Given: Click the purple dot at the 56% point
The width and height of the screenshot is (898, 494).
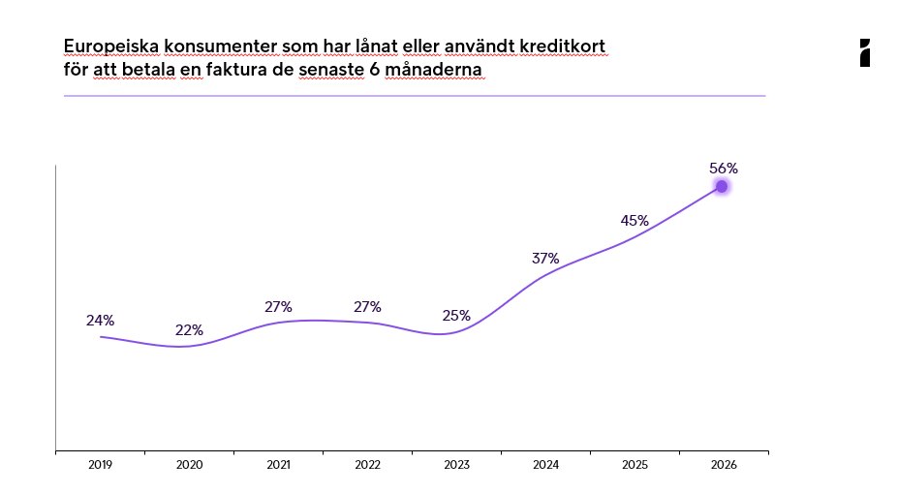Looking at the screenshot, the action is tap(722, 187).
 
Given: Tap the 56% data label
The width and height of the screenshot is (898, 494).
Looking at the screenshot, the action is tap(724, 169).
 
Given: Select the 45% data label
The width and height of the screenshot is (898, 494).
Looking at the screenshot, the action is tap(635, 221).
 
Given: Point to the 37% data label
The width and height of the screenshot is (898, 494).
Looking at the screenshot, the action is tap(545, 259).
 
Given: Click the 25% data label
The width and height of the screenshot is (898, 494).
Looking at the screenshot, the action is tap(456, 316).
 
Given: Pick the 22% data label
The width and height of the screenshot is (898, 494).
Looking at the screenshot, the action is tap(189, 329).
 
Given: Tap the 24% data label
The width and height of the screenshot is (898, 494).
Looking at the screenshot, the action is tap(100, 321).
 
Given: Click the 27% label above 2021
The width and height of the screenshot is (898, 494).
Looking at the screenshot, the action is tap(278, 307).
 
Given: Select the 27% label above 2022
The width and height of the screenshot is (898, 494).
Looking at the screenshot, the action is tap(367, 307).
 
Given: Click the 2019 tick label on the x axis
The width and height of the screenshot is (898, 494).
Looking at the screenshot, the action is tap(100, 465).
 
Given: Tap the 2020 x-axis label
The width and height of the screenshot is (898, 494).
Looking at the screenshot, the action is tap(189, 465).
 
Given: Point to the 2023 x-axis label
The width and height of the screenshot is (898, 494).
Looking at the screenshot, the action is tap(456, 465).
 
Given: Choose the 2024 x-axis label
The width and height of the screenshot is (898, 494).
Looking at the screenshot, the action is tap(545, 465).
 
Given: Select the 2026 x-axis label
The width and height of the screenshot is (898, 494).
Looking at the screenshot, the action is tap(724, 465).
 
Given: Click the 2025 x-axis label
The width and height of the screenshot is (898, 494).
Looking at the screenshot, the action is tap(635, 465).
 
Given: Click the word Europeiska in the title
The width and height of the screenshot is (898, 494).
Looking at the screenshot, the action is tap(111, 46).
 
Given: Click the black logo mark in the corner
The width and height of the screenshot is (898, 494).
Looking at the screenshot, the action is tap(865, 52).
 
